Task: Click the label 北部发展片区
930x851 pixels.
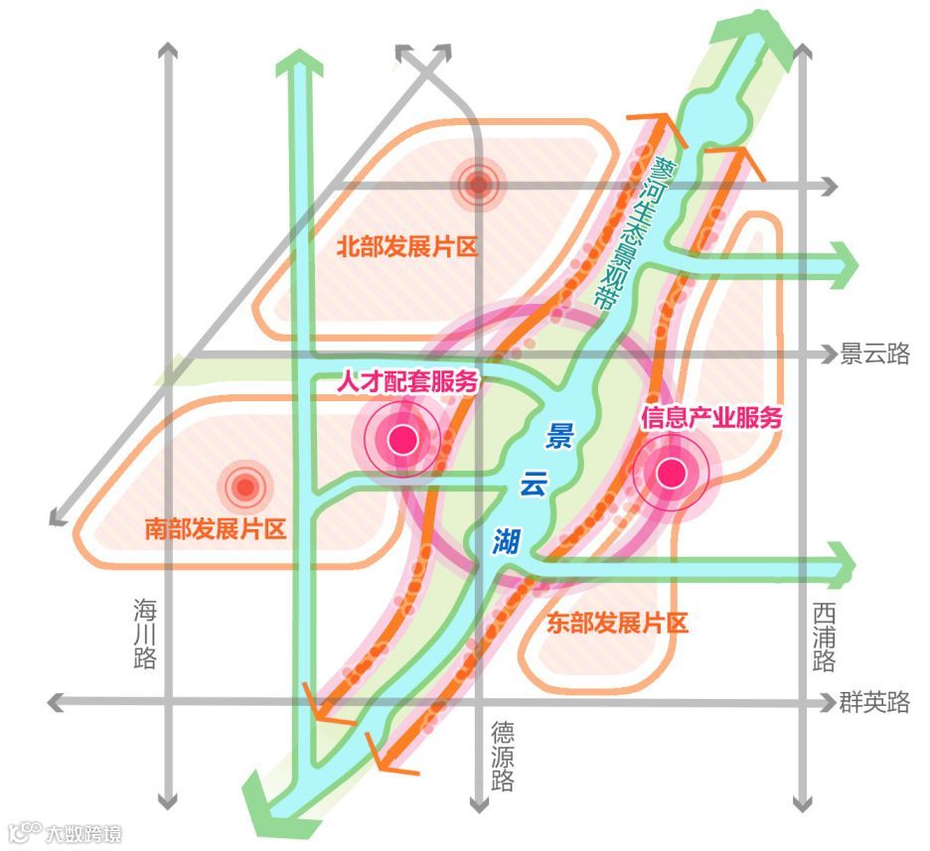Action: pyautogui.click(x=407, y=245)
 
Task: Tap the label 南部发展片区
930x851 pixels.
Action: pyautogui.click(x=215, y=527)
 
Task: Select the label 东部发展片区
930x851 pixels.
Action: pyautogui.click(x=617, y=624)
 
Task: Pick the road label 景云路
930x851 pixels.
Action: pyautogui.click(x=874, y=354)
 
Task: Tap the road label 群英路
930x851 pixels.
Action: pyautogui.click(x=874, y=703)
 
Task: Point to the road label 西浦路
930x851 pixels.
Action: pyautogui.click(x=824, y=637)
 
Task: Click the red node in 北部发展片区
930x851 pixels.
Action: pyautogui.click(x=479, y=184)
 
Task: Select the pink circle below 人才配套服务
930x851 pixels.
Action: pyautogui.click(x=402, y=438)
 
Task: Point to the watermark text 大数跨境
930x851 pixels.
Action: pyautogui.click(x=83, y=832)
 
